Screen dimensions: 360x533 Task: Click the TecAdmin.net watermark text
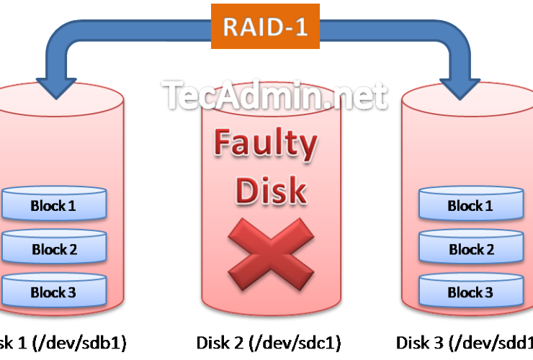(274, 96)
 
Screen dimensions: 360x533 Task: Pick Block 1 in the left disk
(53, 206)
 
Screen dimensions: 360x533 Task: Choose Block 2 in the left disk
(53, 250)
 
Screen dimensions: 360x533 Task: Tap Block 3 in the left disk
(53, 293)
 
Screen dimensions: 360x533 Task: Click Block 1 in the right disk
(470, 206)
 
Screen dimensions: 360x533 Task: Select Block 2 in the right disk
(470, 250)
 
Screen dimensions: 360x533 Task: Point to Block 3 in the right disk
(470, 293)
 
